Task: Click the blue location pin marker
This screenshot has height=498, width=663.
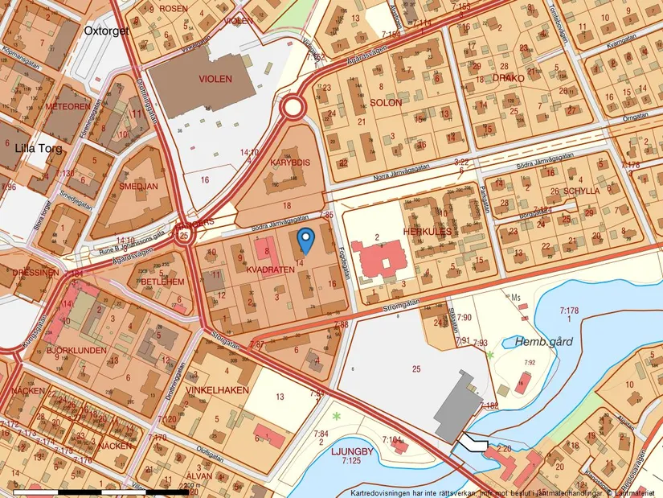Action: click(305, 239)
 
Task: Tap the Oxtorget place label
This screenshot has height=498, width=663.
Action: click(106, 31)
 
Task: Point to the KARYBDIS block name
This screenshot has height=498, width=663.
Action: click(289, 162)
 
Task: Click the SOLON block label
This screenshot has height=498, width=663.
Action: click(386, 103)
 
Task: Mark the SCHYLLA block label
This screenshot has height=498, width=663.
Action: click(581, 191)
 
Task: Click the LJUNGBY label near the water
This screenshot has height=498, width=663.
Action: click(352, 451)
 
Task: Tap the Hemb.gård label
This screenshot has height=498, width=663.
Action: click(544, 342)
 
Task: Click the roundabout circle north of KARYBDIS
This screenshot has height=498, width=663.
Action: click(293, 108)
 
